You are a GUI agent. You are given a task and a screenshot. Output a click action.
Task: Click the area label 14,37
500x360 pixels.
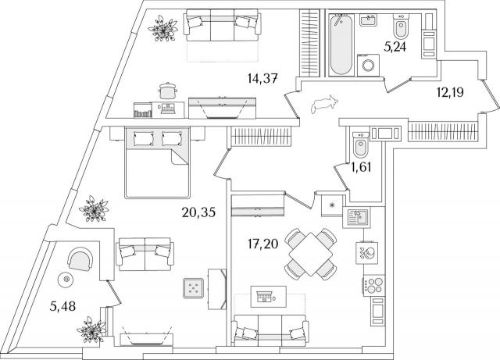[262, 78]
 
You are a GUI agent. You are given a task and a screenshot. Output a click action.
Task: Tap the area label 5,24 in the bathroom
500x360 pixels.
[395, 47]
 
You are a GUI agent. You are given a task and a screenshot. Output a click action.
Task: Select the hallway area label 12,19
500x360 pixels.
[450, 92]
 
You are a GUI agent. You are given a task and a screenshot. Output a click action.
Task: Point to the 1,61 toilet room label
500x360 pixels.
[362, 167]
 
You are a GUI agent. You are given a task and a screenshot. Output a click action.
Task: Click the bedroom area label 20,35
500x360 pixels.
[198, 212]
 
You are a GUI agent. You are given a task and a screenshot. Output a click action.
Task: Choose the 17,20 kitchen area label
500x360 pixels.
[262, 244]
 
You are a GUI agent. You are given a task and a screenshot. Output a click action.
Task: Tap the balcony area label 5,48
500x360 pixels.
[62, 307]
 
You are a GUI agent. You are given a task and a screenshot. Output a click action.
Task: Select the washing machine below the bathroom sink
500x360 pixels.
[368, 66]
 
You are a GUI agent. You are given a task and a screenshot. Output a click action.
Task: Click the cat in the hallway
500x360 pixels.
[324, 104]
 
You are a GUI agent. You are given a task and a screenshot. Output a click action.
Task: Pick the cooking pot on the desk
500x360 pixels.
[167, 91]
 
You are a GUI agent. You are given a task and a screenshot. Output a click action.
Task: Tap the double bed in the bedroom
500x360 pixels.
[158, 162]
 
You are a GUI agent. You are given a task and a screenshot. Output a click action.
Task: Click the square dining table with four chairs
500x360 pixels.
[311, 254]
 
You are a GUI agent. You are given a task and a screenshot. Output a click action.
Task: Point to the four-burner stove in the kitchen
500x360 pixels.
[373, 285]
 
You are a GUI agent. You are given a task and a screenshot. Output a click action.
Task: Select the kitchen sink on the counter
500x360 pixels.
[357, 217]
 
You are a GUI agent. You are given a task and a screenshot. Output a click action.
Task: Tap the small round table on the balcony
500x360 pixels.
[66, 280]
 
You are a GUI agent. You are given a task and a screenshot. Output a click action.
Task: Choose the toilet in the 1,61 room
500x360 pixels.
[361, 144]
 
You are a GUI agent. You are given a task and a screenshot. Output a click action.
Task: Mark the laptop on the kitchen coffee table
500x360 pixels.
[265, 297]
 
